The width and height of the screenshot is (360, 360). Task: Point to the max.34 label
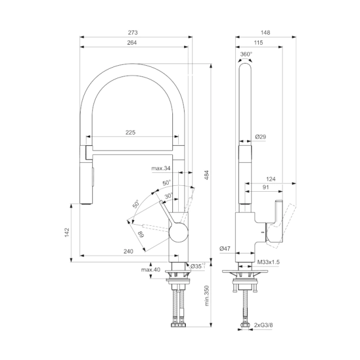[160, 169]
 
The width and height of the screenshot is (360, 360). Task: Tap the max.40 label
[151, 269]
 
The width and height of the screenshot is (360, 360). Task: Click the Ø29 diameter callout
[261, 137]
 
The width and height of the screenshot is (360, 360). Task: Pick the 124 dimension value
[271, 178]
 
